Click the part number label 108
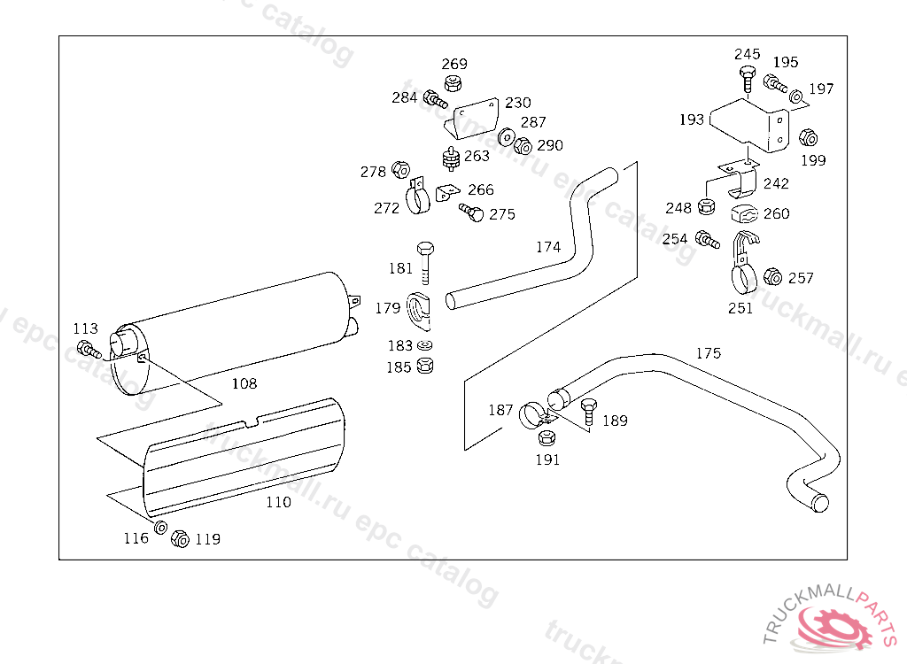pyautogui.click(x=244, y=383)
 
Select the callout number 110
pyautogui.click(x=278, y=502)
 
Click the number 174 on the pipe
pyautogui.click(x=548, y=247)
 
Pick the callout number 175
pyautogui.click(x=708, y=353)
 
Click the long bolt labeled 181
pyautogui.click(x=425, y=260)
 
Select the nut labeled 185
pyautogui.click(x=424, y=365)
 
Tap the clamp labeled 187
pyautogui.click(x=534, y=413)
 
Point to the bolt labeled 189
pyautogui.click(x=586, y=412)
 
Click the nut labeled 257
pyautogui.click(x=772, y=278)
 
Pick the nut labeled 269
pyautogui.click(x=453, y=85)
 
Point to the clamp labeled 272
pyautogui.click(x=416, y=201)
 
